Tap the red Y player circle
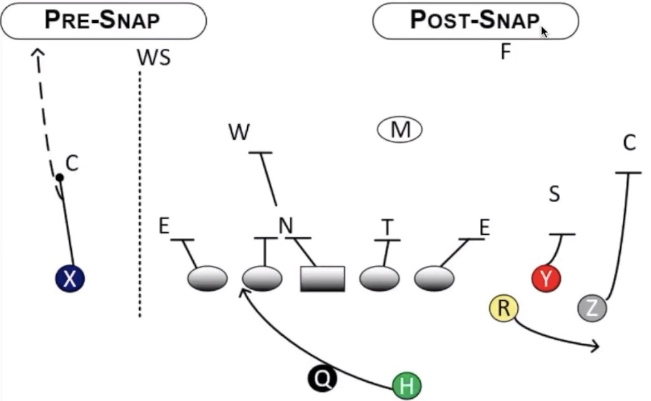click(546, 278)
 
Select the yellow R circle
click(503, 309)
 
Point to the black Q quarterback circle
click(322, 379)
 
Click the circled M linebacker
click(400, 130)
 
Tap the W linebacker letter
click(239, 133)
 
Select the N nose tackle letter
click(286, 226)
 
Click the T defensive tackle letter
click(388, 227)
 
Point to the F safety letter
click(506, 52)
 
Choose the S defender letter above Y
click(554, 195)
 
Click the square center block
click(322, 278)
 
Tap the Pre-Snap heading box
click(103, 21)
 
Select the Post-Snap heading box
click(475, 21)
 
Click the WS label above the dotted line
click(153, 57)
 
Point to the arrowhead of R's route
click(596, 346)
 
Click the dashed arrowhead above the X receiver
click(37, 52)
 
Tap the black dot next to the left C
click(59, 178)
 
